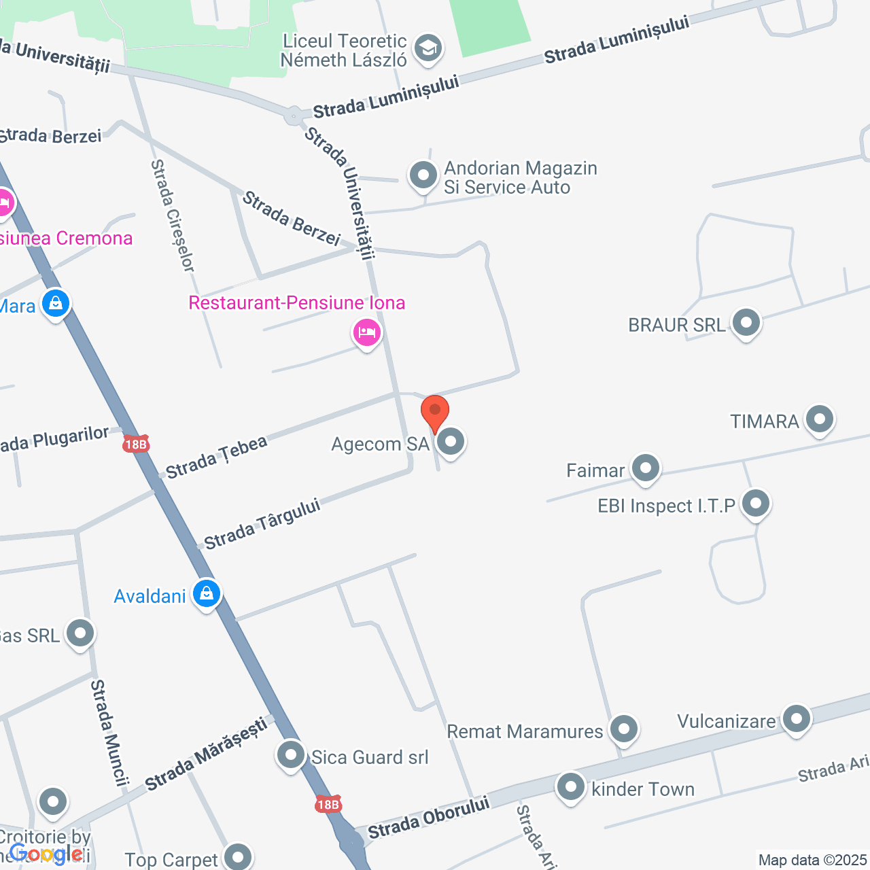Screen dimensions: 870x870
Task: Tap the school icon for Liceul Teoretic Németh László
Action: tap(428, 49)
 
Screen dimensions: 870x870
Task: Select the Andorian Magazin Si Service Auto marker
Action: tap(423, 175)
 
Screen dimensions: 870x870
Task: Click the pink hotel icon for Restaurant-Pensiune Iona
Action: tap(367, 332)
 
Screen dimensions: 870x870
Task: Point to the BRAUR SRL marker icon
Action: tap(746, 322)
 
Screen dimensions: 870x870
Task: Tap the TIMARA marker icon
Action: tap(820, 419)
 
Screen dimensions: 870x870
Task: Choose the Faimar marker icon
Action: tap(646, 468)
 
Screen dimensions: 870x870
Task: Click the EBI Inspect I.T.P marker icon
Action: tap(756, 504)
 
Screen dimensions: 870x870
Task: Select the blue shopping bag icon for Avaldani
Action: tap(207, 593)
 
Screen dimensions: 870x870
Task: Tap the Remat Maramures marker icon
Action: tap(624, 729)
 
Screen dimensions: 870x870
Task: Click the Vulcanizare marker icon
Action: tap(797, 718)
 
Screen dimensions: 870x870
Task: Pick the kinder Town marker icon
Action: tap(571, 787)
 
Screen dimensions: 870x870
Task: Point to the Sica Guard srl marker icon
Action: tap(291, 754)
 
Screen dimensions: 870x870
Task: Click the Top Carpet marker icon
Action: tap(238, 857)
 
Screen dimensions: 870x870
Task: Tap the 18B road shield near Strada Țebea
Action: tap(136, 445)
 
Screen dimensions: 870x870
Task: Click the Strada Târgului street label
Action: tap(262, 525)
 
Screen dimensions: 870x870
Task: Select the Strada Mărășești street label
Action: tap(207, 754)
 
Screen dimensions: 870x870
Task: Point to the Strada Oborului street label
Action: tap(428, 817)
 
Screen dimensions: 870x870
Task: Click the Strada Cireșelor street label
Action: tap(173, 215)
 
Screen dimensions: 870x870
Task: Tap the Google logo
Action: tap(46, 854)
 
